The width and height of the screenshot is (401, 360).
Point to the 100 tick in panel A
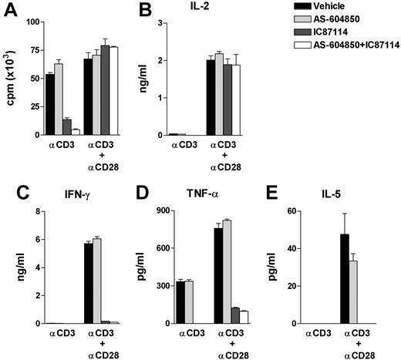31,21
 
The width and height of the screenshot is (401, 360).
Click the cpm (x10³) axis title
9,77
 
